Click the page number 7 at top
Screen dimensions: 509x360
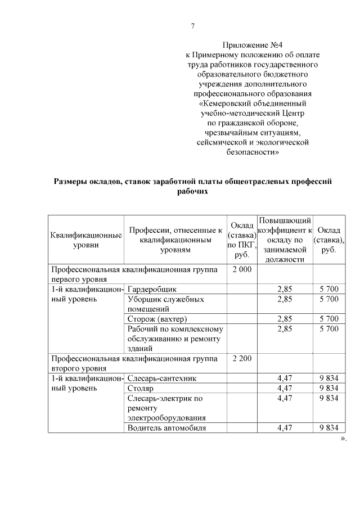click(x=192, y=26)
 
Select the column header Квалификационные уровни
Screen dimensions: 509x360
click(x=86, y=240)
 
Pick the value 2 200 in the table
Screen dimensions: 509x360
click(x=242, y=358)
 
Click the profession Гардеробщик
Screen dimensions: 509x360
click(x=152, y=289)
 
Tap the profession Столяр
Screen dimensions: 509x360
click(x=140, y=388)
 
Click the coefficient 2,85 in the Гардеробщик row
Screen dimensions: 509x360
click(x=285, y=289)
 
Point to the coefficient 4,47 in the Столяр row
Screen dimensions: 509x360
click(x=285, y=388)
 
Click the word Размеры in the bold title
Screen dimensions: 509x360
click(x=72, y=181)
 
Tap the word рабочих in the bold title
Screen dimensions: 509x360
click(x=192, y=191)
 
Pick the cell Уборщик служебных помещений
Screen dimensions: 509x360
click(x=165, y=304)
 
